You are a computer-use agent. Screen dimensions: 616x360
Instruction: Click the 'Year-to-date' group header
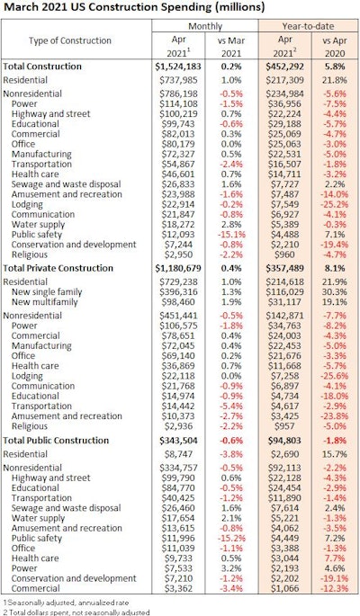(x=304, y=29)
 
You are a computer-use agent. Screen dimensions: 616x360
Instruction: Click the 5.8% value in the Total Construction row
(x=333, y=67)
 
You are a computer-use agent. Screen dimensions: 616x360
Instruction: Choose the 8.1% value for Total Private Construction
(x=333, y=268)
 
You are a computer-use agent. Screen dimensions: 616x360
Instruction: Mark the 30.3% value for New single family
(x=333, y=292)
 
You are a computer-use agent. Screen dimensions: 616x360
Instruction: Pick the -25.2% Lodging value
(x=331, y=205)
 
